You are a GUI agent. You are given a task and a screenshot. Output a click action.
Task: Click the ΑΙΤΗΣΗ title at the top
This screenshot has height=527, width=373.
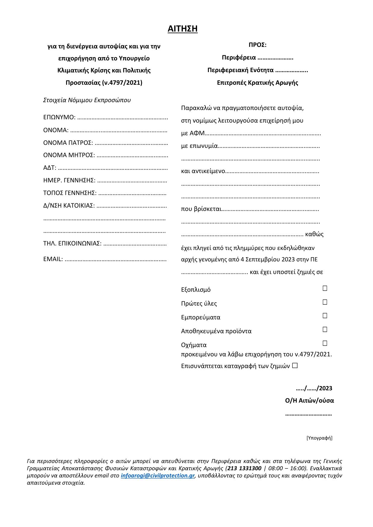183,29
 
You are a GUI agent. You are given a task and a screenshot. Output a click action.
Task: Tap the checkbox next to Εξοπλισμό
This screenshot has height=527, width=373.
325,288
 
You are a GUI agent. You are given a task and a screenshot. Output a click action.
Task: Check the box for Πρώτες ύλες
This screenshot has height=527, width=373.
325,302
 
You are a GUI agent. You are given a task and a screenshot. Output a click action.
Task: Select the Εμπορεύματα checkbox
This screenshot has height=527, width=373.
325,316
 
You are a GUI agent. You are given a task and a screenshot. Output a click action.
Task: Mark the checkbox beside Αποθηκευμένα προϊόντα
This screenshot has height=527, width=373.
325,330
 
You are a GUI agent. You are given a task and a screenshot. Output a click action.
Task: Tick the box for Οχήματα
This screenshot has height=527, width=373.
325,343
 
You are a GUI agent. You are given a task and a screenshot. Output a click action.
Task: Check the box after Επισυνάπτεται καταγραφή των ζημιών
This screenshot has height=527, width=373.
295,366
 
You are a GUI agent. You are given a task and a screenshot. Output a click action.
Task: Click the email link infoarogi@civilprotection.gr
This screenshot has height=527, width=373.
158,476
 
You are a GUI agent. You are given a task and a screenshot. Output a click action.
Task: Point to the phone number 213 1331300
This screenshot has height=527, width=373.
244,468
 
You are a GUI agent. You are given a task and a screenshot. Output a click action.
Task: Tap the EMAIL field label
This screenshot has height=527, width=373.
53,259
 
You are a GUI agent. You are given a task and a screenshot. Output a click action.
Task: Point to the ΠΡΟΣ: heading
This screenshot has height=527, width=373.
257,45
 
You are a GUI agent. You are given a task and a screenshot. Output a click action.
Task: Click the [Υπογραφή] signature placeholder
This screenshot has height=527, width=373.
319,438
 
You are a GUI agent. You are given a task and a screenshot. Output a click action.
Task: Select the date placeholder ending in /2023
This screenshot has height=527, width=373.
314,388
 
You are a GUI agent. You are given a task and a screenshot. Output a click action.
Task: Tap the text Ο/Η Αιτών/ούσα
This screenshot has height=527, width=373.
310,401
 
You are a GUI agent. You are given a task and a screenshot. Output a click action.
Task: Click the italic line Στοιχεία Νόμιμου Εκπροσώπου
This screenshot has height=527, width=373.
87,100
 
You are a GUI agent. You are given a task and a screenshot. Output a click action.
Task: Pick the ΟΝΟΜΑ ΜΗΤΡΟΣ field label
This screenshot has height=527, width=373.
69,155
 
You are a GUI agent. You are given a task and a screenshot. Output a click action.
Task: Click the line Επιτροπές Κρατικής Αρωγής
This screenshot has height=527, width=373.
257,83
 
